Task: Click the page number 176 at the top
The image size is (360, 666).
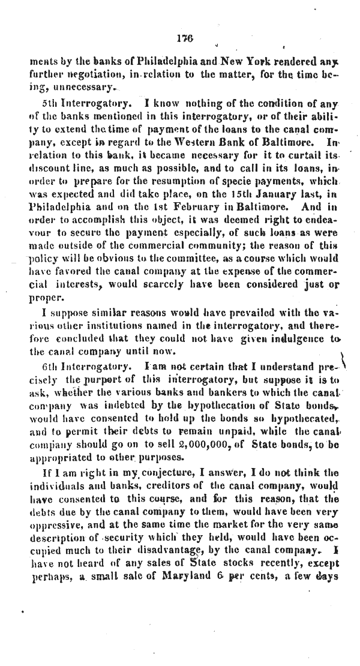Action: [183, 37]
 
